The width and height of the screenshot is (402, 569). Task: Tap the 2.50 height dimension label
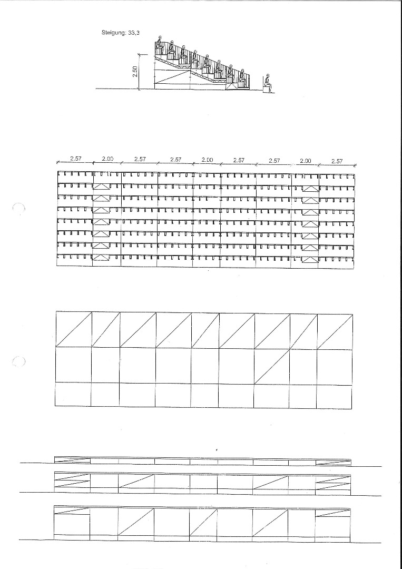coord(135,72)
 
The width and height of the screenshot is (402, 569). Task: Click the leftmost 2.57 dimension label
coord(75,159)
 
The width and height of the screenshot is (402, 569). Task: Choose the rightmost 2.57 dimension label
coord(337,161)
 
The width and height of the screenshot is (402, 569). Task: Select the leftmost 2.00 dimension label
coord(107,159)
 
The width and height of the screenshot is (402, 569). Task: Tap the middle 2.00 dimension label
coord(207,160)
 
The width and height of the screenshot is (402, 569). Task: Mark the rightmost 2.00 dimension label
coord(306,161)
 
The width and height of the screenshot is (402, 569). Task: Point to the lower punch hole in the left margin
coord(19,362)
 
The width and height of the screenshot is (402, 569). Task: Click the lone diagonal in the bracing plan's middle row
coord(272,365)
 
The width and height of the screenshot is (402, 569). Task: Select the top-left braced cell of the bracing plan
coord(74,330)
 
